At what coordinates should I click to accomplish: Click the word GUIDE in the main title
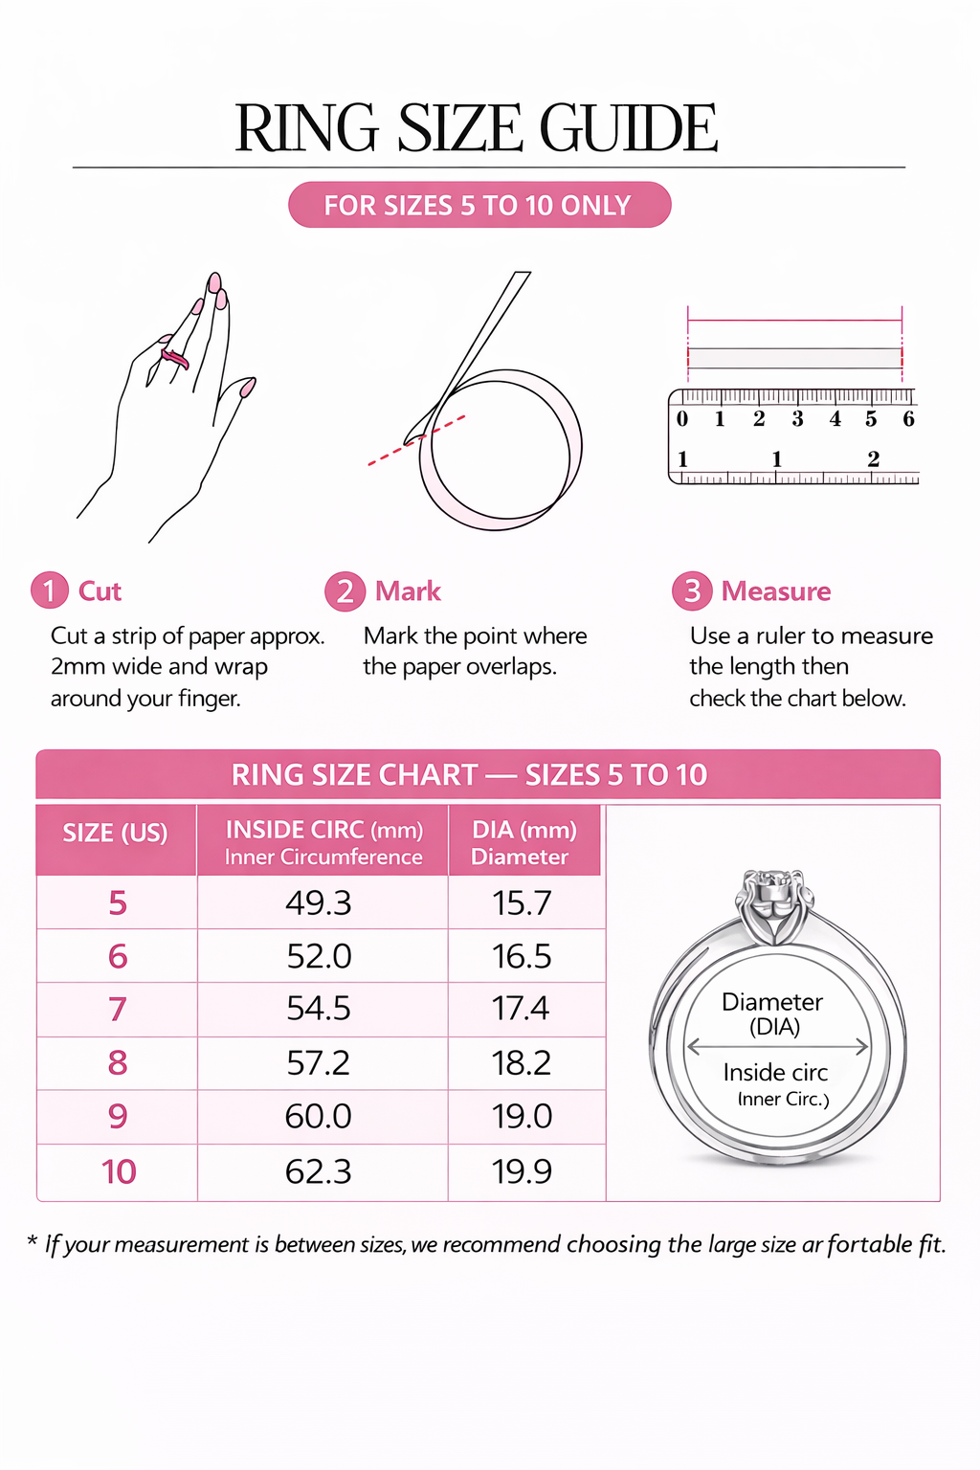tap(628, 128)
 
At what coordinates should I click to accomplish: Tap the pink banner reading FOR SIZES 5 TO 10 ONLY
tap(479, 205)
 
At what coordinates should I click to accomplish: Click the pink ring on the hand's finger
tap(174, 358)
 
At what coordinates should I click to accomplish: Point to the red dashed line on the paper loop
tap(416, 440)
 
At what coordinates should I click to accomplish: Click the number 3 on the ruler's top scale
tap(797, 418)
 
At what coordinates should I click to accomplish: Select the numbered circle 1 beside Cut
tap(49, 590)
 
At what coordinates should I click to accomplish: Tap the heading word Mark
tap(408, 591)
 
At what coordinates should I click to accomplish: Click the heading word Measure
tap(776, 591)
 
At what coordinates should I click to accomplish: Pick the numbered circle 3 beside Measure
tap(692, 590)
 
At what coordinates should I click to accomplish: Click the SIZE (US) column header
tap(116, 833)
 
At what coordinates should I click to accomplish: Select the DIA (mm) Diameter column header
tap(523, 842)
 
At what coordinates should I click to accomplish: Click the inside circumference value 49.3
tap(319, 903)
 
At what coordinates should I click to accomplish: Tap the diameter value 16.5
tap(522, 956)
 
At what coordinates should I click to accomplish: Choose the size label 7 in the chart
tap(118, 1010)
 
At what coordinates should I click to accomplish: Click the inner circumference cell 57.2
tap(319, 1063)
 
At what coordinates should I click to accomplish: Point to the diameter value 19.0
tap(522, 1116)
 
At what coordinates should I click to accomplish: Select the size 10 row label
tap(119, 1171)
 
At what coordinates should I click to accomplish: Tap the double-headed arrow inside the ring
tap(777, 1047)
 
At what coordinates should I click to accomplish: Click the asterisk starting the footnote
tap(32, 1240)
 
